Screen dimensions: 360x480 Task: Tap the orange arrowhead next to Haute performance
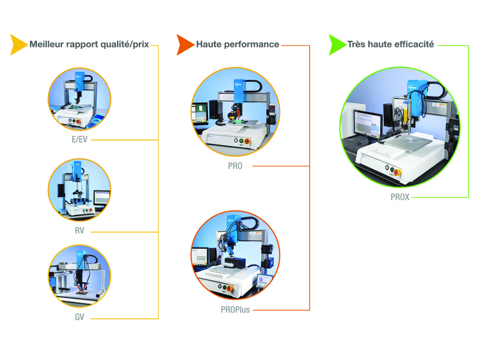[x=185, y=45]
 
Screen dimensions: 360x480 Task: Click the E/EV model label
[x=79, y=138]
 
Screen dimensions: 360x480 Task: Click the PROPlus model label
[x=234, y=310]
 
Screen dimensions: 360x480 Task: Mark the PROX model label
[x=400, y=198]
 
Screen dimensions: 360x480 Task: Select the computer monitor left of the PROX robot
[x=367, y=123]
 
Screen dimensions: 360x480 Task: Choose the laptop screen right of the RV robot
[x=102, y=198]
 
